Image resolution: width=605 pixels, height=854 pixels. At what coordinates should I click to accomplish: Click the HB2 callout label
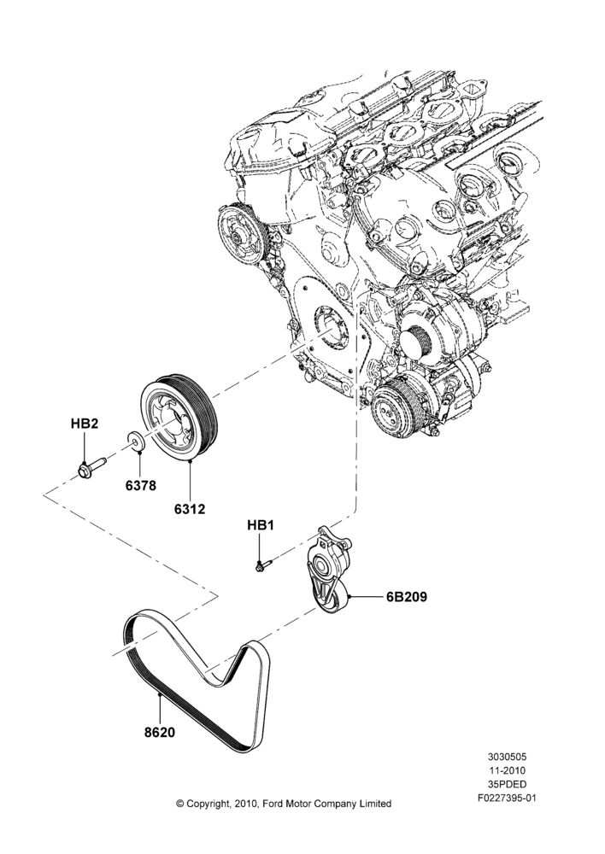coord(85,424)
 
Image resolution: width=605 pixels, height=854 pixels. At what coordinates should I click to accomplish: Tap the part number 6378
coord(141,485)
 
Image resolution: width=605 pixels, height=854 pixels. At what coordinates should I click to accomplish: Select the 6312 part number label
coord(190,509)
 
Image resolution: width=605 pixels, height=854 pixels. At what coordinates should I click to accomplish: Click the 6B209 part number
coord(407,597)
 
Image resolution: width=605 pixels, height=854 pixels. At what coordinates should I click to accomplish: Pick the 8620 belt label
coord(160,733)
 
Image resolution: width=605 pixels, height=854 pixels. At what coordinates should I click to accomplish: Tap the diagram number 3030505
coord(508,757)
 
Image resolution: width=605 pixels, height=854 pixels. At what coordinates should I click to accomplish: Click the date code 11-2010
coord(508,770)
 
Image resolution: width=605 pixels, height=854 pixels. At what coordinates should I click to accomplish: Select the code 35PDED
coord(508,785)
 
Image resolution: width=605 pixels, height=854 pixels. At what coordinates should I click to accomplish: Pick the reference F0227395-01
coord(508,799)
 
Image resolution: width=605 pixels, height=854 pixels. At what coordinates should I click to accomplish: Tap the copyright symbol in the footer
coord(179,804)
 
